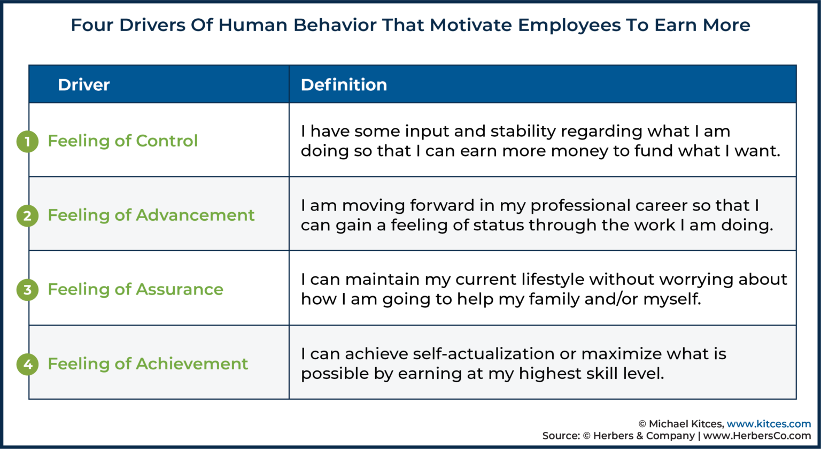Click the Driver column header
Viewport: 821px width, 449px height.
tap(83, 84)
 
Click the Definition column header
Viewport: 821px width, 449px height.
tap(344, 84)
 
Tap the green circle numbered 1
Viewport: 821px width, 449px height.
tap(27, 141)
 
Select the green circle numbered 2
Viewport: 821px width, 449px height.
tap(27, 215)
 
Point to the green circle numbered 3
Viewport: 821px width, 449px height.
tap(27, 290)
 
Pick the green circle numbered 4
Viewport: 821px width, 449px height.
tap(27, 364)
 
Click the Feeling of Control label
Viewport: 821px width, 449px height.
tap(122, 141)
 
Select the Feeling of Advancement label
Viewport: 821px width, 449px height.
tap(151, 215)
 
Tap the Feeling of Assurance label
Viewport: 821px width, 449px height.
tap(135, 290)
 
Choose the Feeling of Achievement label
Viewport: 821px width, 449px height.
tap(148, 364)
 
